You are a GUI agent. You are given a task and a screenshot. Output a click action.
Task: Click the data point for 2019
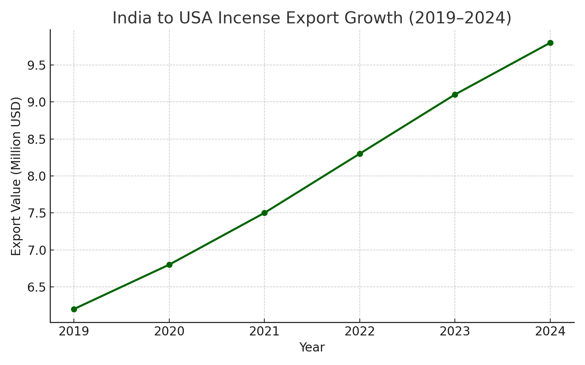(74, 309)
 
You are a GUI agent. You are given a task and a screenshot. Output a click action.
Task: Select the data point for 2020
(169, 265)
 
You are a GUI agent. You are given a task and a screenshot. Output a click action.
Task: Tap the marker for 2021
(264, 213)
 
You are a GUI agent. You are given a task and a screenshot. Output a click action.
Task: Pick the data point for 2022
(360, 154)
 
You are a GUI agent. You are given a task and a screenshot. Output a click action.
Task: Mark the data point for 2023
(455, 95)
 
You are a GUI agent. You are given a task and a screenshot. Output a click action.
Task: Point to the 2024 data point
(550, 43)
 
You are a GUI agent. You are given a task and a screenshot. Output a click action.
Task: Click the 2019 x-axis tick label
(74, 331)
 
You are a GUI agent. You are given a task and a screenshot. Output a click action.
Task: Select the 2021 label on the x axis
(264, 331)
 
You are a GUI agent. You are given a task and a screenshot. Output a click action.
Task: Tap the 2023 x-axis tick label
(455, 331)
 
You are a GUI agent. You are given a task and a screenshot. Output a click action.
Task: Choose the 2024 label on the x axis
(550, 331)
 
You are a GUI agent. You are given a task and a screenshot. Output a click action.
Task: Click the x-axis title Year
(312, 347)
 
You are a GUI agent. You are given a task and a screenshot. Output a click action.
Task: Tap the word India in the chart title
(131, 18)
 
